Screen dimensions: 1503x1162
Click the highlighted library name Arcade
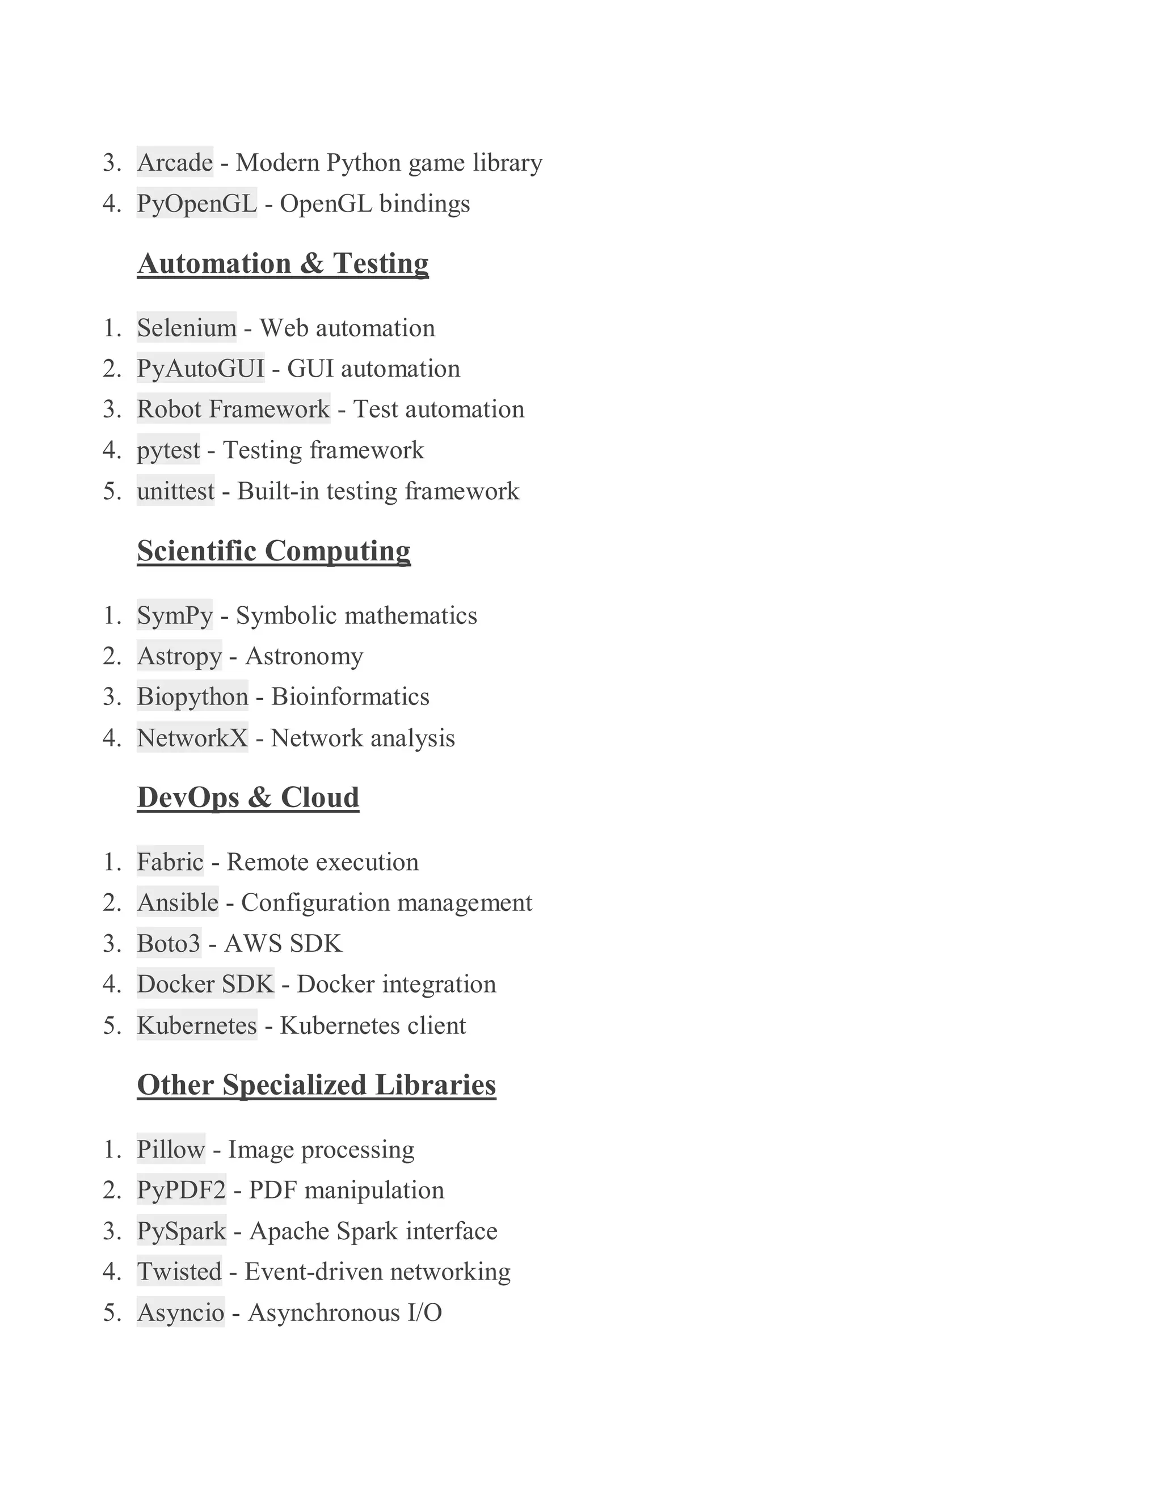(x=175, y=162)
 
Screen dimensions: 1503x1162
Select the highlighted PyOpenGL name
(x=197, y=203)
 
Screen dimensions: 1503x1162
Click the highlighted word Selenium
(x=187, y=328)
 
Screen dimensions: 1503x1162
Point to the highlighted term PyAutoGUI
(x=200, y=368)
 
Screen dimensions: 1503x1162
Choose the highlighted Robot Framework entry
(x=233, y=409)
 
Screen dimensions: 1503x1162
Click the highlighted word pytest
(x=169, y=450)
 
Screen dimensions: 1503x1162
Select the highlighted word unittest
(x=175, y=491)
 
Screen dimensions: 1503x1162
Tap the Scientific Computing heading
(x=273, y=551)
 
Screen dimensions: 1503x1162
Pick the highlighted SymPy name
(x=175, y=615)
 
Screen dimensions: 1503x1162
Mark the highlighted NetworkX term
(x=192, y=738)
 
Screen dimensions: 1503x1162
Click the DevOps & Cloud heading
(x=248, y=797)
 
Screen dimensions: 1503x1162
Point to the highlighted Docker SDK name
(x=205, y=984)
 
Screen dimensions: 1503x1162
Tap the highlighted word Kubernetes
(x=197, y=1025)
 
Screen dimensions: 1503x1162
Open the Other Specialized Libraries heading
(x=316, y=1085)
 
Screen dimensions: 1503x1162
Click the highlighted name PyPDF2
(x=181, y=1190)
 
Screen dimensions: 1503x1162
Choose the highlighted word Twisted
(x=179, y=1272)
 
